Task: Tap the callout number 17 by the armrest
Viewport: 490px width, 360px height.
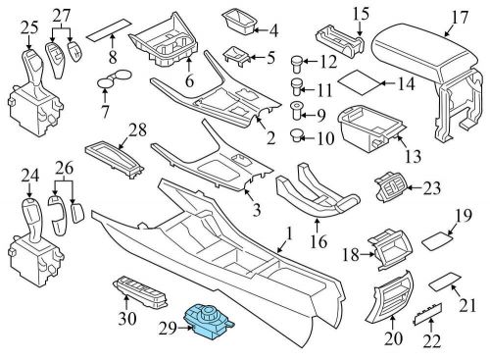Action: click(460, 18)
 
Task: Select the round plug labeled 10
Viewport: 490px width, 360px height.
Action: click(296, 135)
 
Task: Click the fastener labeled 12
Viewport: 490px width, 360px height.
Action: click(297, 65)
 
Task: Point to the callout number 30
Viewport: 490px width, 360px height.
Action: click(126, 318)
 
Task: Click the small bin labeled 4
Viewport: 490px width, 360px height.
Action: click(239, 23)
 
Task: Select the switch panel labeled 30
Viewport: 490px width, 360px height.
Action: click(140, 293)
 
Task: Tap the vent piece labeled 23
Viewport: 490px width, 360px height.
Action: click(391, 187)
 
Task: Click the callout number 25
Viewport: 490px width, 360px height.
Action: click(29, 28)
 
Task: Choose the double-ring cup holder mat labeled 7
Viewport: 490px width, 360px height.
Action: click(114, 78)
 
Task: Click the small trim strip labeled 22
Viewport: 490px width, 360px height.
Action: click(428, 313)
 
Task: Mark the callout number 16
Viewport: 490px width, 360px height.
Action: click(318, 242)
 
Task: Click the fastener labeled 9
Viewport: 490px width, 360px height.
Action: click(297, 111)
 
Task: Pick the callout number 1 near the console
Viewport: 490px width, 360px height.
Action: click(289, 234)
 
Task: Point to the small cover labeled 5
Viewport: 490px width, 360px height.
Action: click(236, 56)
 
